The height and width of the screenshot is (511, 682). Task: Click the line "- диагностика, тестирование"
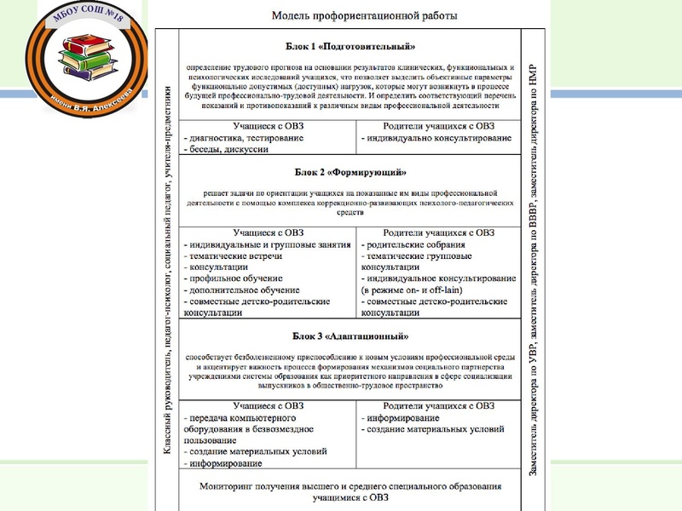pos(243,137)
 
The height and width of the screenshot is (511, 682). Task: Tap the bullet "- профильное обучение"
pos(235,278)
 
